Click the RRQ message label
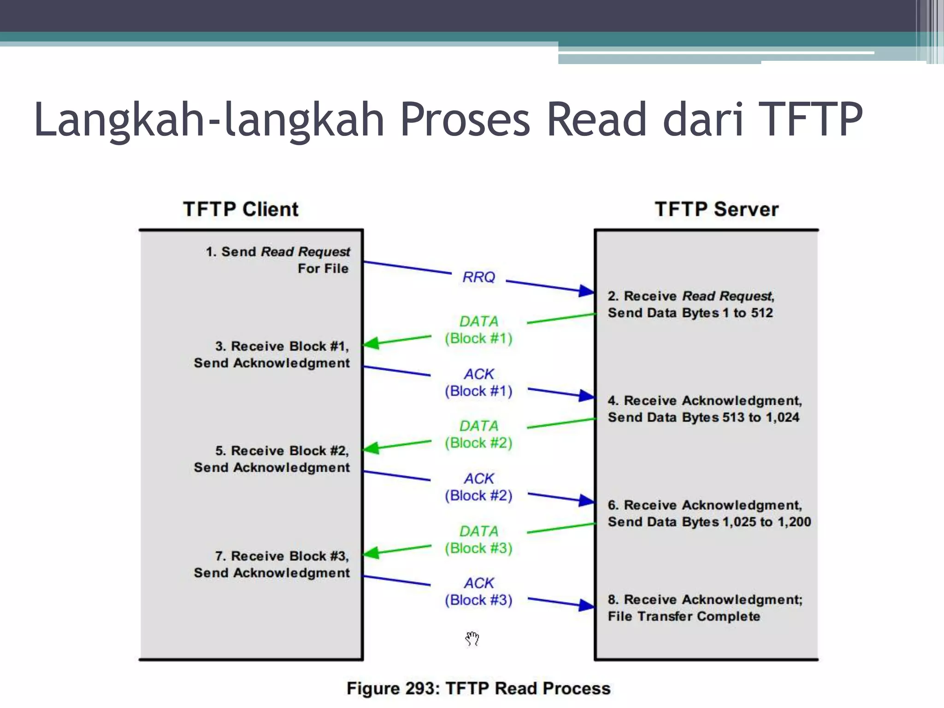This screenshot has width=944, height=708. click(478, 277)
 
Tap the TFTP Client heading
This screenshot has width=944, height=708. click(241, 209)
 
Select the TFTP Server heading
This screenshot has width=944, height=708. click(716, 209)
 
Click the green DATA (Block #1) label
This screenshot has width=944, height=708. click(478, 330)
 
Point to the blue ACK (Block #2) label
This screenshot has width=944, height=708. click(478, 487)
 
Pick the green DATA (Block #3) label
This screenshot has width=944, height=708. click(478, 540)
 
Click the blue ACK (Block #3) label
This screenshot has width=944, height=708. click(478, 592)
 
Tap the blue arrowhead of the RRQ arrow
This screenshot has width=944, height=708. click(586, 291)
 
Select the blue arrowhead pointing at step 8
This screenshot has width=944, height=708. click(586, 605)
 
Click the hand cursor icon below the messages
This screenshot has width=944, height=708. click(472, 639)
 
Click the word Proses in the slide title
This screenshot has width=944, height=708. click(465, 119)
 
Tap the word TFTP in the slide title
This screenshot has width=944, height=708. click(810, 119)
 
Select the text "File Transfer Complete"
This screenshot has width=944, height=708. click(684, 616)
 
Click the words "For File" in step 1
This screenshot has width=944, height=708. click(323, 268)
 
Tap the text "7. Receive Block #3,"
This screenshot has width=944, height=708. click(282, 556)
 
